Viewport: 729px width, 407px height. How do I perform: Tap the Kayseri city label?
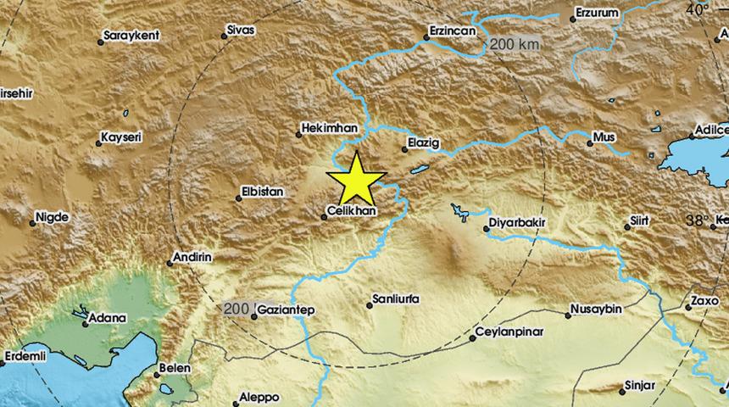pos(120,137)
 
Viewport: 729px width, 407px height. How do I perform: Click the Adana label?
pos(109,318)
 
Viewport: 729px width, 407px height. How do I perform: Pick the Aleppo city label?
pos(259,396)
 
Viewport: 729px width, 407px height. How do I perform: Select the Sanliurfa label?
pos(398,300)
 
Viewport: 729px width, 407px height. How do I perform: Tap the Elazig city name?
pos(425,144)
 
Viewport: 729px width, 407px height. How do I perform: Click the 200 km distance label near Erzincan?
pos(514,43)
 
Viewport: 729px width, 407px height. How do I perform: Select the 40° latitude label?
pos(697,10)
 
